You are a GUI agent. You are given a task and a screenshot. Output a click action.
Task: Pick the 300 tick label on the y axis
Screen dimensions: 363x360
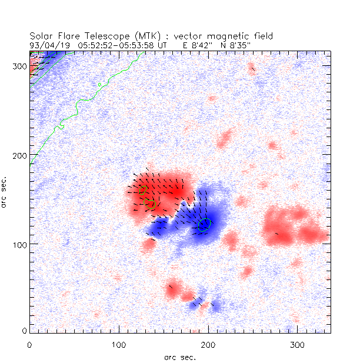(x=19, y=66)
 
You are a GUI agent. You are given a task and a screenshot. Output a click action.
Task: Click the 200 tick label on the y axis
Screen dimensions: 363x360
(x=19, y=155)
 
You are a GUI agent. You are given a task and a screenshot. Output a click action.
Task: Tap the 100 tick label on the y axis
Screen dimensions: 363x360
(x=19, y=244)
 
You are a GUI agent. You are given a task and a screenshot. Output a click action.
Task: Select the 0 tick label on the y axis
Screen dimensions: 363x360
(x=24, y=332)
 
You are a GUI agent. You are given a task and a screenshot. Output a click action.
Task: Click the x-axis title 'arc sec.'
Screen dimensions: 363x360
(x=180, y=357)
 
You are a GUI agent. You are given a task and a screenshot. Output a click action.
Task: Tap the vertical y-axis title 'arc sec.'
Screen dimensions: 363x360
(x=5, y=191)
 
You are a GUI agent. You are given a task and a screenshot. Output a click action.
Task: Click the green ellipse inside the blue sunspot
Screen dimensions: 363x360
(x=204, y=225)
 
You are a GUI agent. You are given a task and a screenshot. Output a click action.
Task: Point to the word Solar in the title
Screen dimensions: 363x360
(x=41, y=36)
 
